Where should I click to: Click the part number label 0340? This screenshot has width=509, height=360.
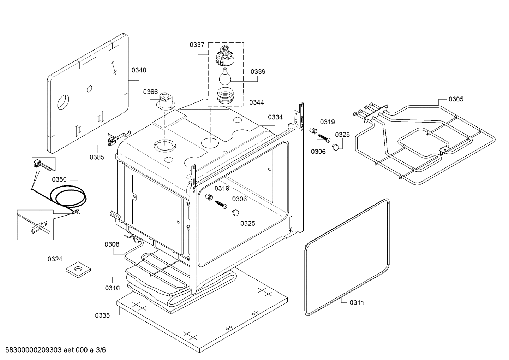pyautogui.click(x=139, y=70)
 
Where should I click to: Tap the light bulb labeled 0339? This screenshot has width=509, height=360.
pyautogui.click(x=225, y=76)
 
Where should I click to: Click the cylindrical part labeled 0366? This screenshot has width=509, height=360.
pyautogui.click(x=166, y=101)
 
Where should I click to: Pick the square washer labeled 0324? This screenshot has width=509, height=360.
pyautogui.click(x=78, y=269)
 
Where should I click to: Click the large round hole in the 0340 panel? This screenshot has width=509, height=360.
pyautogui.click(x=63, y=102)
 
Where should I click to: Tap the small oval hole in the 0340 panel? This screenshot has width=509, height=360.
pyautogui.click(x=89, y=89)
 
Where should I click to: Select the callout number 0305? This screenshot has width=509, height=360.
pyautogui.click(x=456, y=99)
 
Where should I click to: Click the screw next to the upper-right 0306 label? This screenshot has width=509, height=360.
pyautogui.click(x=324, y=138)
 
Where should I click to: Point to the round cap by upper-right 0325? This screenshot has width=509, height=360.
pyautogui.click(x=336, y=147)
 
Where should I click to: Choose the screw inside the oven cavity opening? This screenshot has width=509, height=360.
pyautogui.click(x=221, y=204)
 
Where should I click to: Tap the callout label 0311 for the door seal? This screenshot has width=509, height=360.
pyautogui.click(x=357, y=302)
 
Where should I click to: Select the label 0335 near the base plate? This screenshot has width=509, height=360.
pyautogui.click(x=102, y=315)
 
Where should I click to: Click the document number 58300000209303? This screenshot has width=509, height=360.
pyautogui.click(x=33, y=349)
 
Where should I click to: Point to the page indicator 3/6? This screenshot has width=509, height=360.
pyautogui.click(x=101, y=349)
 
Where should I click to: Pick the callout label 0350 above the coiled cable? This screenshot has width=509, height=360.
pyautogui.click(x=59, y=179)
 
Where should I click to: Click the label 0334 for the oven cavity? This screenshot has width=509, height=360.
pyautogui.click(x=275, y=117)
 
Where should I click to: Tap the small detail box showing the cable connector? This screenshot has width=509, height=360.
pyautogui.click(x=43, y=164)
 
